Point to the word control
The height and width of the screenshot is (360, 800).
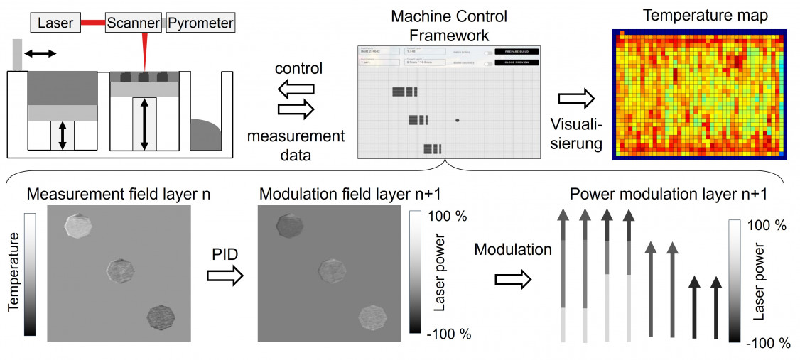point(298,69)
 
